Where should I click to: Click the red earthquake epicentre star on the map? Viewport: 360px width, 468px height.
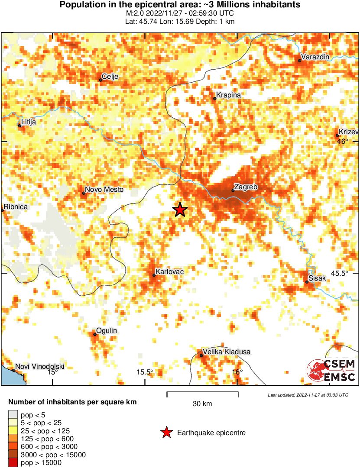point(180,210)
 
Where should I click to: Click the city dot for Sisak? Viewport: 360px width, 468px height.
point(307,282)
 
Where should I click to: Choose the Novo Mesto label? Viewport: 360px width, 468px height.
point(104,190)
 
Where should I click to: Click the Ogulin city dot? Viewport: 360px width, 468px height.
point(95,334)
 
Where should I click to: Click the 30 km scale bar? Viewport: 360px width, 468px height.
point(202,393)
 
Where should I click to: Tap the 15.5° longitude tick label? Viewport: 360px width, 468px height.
point(145,372)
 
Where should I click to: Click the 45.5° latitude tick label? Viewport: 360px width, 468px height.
point(339,273)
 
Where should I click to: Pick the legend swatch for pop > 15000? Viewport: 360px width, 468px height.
point(14,463)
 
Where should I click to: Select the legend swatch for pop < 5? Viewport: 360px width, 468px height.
point(14,415)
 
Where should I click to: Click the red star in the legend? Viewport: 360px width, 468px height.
point(166,432)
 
